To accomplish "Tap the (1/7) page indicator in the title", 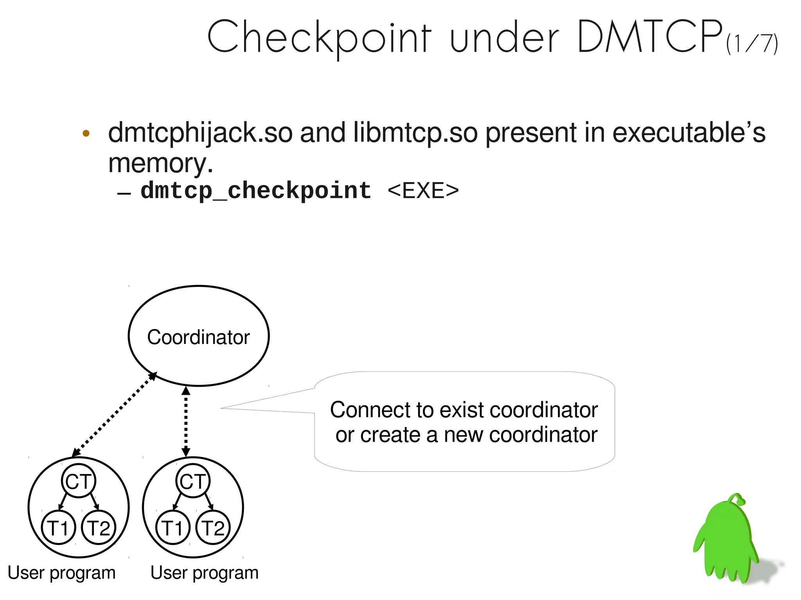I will point(752,44).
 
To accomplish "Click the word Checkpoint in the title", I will point(319,37).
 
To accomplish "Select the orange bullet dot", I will point(86,134).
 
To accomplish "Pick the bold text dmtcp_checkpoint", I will point(256,191).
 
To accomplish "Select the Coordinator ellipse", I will point(199,336).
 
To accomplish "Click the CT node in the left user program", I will point(79,481).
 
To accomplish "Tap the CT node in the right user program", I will point(193,481).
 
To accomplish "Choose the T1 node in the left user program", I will point(58,527).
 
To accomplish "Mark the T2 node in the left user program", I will point(99,527).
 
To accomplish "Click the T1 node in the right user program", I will point(172,527).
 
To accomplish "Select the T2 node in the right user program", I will point(213,527).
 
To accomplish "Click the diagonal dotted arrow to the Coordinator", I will point(114,414).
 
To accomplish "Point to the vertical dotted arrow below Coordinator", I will point(186,421).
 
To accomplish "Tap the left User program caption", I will point(62,573).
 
